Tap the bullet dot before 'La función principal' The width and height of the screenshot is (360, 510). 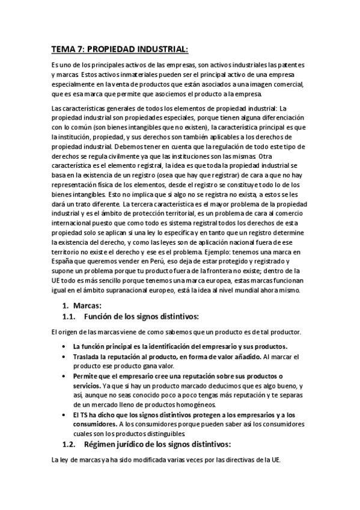pyautogui.click(x=64, y=347)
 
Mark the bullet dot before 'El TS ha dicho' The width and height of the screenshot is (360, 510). pyautogui.click(x=64, y=416)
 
